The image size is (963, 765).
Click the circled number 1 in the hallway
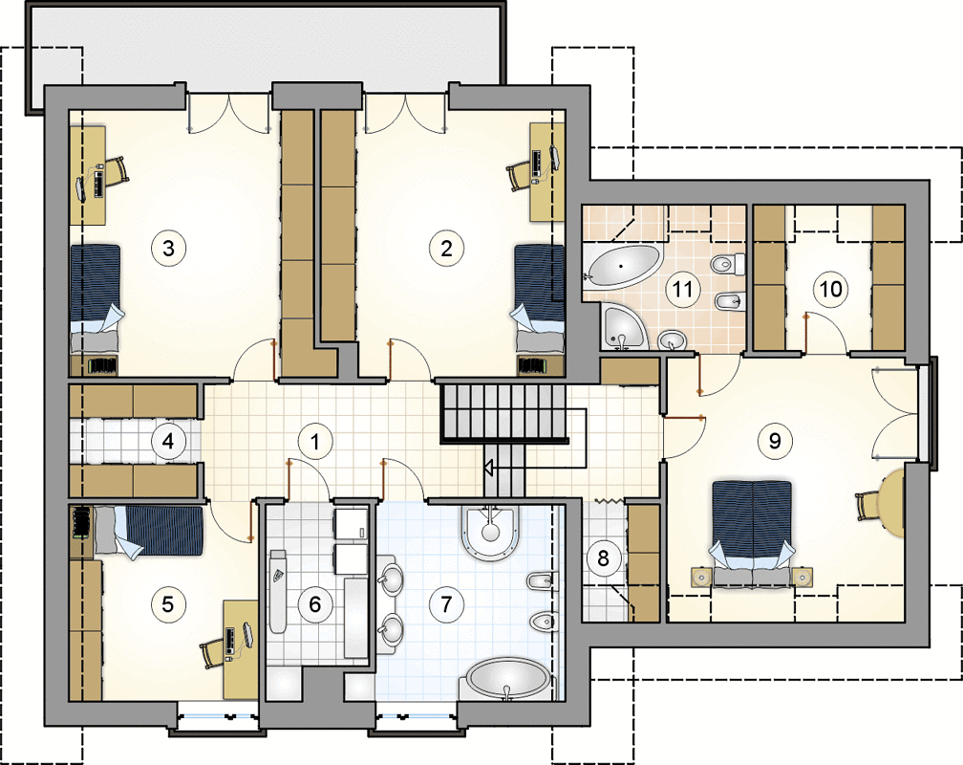(315, 441)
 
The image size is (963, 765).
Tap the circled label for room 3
(168, 248)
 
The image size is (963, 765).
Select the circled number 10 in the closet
(831, 289)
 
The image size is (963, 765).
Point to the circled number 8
(603, 557)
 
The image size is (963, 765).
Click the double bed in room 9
(752, 532)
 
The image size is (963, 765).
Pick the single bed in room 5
(148, 531)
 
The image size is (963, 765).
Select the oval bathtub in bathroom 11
(623, 266)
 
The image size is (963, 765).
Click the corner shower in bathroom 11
(622, 327)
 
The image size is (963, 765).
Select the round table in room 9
(891, 501)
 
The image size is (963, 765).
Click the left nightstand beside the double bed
(701, 577)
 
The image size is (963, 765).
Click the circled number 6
(314, 604)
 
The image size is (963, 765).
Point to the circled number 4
(168, 441)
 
